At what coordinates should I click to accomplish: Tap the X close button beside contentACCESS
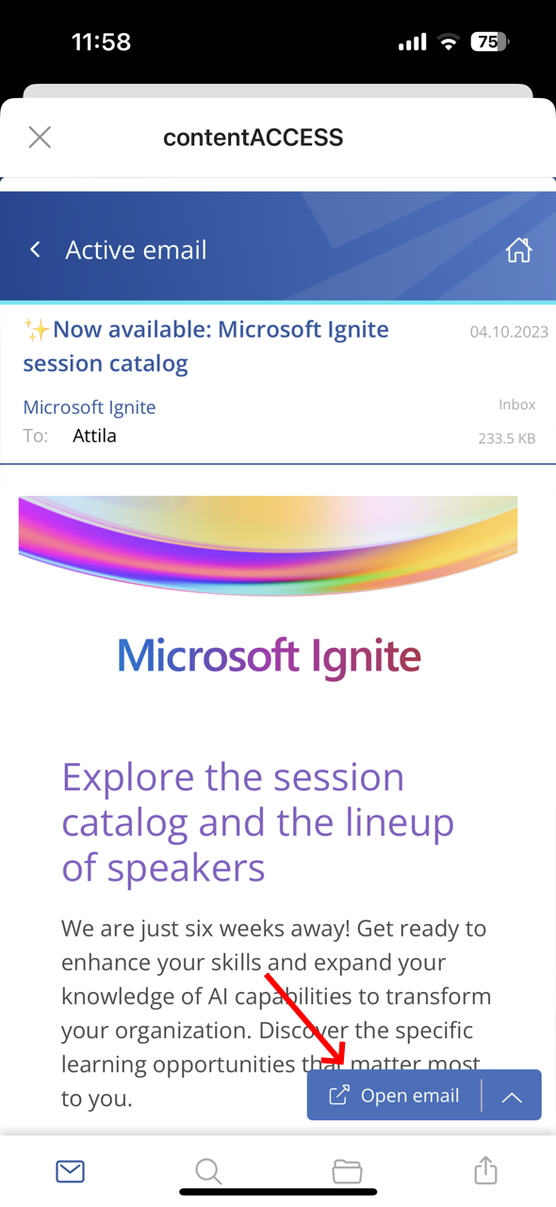40,138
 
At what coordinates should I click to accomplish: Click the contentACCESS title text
253,138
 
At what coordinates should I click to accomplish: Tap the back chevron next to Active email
36,250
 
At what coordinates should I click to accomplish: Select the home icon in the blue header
518,250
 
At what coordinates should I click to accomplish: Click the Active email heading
136,250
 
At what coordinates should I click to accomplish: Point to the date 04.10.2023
509,332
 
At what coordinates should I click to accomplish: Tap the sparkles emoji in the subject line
37,330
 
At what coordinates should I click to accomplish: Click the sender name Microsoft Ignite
90,407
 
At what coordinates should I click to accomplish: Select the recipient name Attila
94,436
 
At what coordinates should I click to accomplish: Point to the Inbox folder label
516,405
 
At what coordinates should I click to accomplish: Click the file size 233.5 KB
507,438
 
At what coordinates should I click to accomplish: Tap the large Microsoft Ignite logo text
269,655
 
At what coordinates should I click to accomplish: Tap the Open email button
394,1096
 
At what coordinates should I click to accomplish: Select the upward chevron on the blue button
512,1097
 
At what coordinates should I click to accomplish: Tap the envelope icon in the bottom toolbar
70,1171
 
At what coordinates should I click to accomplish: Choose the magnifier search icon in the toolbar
208,1171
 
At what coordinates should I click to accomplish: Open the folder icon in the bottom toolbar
347,1171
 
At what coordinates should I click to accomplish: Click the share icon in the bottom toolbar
485,1170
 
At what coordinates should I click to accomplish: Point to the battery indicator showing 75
490,41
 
